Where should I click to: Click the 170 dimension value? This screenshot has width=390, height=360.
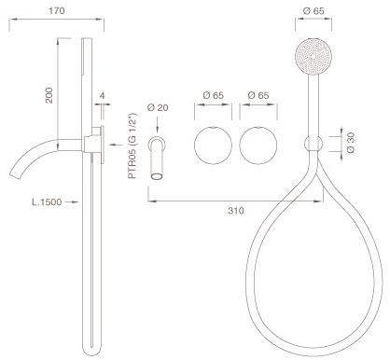tap(57, 10)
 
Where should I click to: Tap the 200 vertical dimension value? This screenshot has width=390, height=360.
tap(49, 95)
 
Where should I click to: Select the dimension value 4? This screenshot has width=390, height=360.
tap(102, 95)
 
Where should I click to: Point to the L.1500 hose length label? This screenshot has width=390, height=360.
tap(47, 202)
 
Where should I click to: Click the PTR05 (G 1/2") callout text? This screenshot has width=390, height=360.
tap(132, 145)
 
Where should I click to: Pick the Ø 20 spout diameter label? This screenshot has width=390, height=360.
tap(158, 107)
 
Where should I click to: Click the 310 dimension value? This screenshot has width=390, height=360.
tap(236, 211)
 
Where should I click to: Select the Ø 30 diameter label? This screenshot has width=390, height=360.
tap(350, 143)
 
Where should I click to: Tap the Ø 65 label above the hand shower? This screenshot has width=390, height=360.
tap(313, 11)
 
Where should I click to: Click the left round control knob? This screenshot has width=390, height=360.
tap(213, 145)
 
